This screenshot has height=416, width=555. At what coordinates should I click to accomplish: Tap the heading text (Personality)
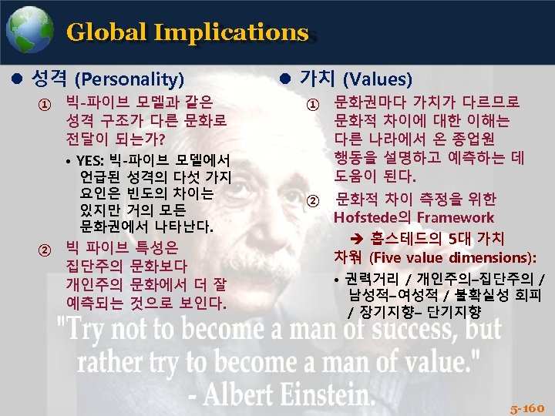129,79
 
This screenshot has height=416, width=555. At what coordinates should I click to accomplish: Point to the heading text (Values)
377,79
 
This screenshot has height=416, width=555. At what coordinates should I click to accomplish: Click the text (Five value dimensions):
452,257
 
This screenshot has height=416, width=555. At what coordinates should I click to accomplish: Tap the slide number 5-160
527,407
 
